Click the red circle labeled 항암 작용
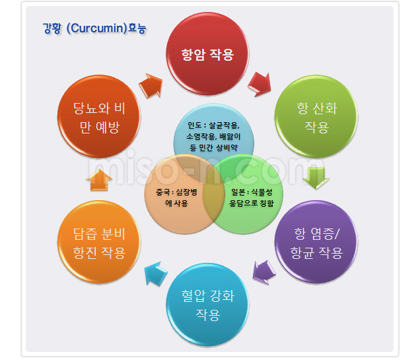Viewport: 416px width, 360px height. coord(207,54)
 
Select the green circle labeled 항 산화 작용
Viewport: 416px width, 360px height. coord(316,116)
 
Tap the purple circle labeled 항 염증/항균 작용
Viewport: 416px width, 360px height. coord(316,242)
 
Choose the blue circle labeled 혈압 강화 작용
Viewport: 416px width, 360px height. coord(207,305)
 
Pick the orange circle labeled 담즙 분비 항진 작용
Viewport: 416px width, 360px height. coord(99,242)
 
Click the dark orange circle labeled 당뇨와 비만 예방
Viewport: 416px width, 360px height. coord(99,116)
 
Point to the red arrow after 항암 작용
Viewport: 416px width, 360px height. coord(260,84)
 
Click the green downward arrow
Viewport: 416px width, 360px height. coord(316,178)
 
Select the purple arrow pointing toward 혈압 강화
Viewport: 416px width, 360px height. coord(263,272)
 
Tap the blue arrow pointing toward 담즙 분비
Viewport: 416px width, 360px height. coord(156,273)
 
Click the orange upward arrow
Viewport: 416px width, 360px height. coord(99,180)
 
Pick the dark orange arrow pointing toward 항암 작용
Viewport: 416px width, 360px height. coord(151,85)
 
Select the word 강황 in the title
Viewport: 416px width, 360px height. coord(52,28)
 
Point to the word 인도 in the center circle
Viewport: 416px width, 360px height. coord(195,125)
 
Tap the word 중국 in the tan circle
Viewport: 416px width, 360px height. coord(164,192)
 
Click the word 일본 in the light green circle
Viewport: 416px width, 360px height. coord(238,192)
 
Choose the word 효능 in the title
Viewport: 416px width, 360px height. coord(137,28)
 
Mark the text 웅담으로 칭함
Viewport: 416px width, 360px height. coord(252,203)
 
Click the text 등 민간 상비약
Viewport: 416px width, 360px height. coord(213,147)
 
